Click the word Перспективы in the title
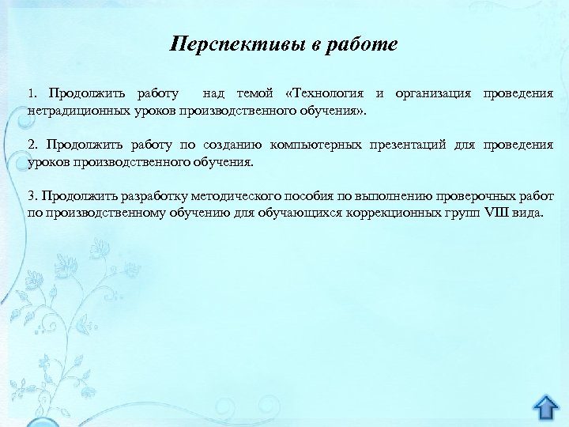coord(237,44)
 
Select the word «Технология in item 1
coord(326,94)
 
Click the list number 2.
coord(32,145)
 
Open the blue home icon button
coord(545,409)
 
